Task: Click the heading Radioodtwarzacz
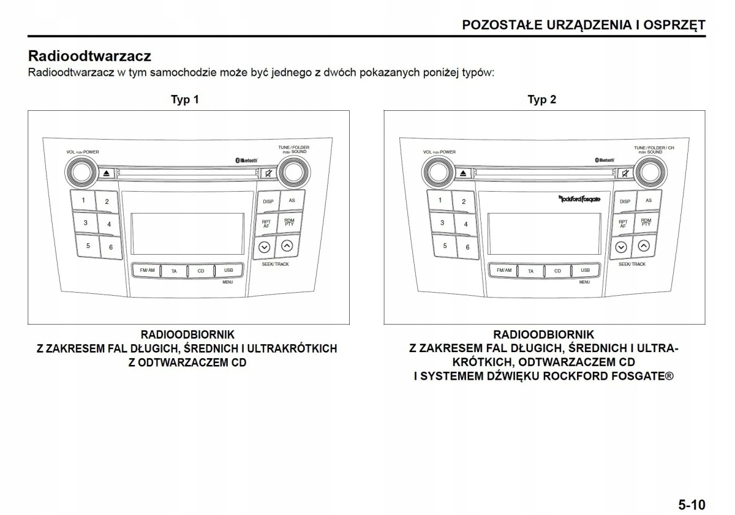point(89,56)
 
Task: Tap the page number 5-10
point(692,505)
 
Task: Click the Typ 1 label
point(184,99)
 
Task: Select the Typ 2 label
point(541,99)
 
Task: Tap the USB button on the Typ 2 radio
point(585,270)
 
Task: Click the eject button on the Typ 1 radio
point(107,173)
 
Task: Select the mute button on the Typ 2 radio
point(625,173)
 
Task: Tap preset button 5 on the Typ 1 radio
point(88,246)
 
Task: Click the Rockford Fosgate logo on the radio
point(579,198)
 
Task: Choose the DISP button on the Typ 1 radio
point(268,201)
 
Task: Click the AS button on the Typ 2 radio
point(648,200)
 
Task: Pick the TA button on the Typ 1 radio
point(174,271)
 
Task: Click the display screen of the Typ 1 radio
point(187,233)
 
